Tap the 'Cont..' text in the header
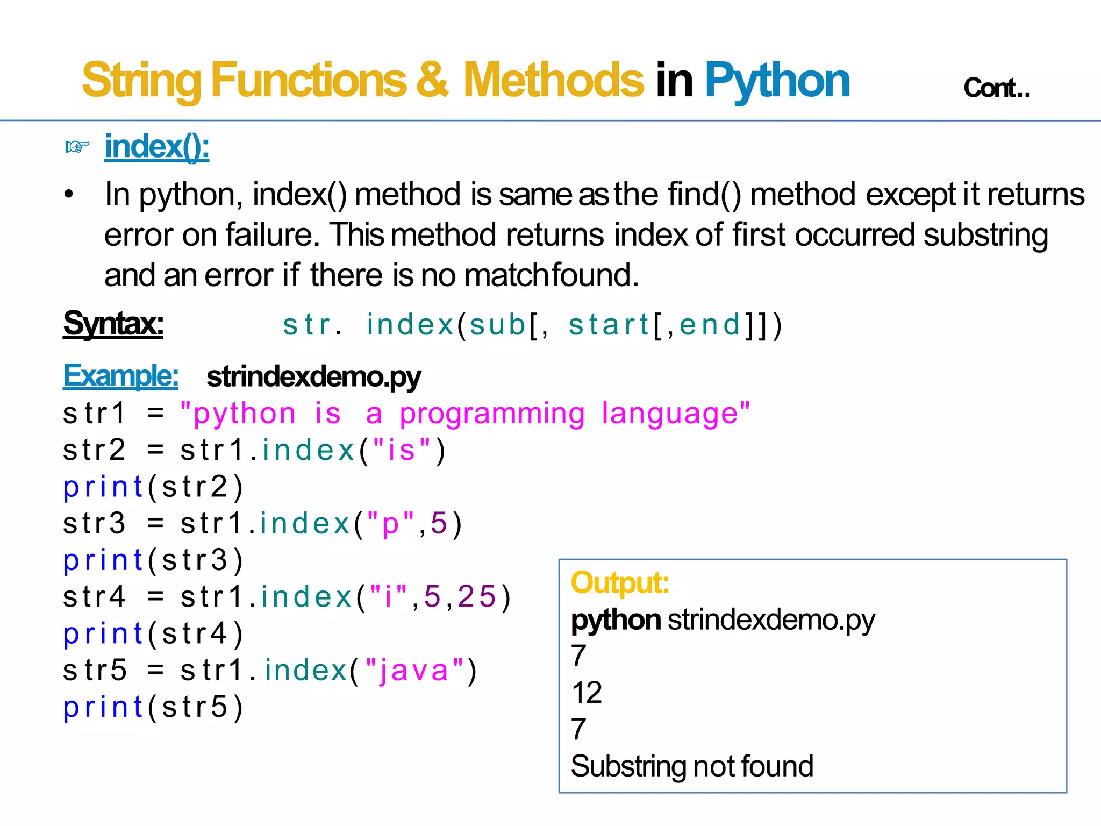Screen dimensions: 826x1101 (996, 88)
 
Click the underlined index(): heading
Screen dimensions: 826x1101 (156, 147)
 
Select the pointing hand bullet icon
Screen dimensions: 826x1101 (77, 146)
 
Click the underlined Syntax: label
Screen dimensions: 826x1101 (113, 324)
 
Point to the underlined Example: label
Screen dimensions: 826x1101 (120, 376)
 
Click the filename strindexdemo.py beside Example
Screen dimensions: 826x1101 (313, 377)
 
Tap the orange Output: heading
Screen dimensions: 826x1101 (619, 583)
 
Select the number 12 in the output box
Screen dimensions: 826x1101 (587, 693)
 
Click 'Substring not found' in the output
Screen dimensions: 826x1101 (691, 766)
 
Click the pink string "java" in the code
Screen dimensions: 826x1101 (414, 671)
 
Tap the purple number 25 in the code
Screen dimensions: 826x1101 (476, 597)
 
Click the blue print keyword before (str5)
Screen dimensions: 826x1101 (103, 708)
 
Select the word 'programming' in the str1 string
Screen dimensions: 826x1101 (492, 414)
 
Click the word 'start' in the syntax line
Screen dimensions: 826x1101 (609, 325)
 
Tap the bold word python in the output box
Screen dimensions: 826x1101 (616, 621)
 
